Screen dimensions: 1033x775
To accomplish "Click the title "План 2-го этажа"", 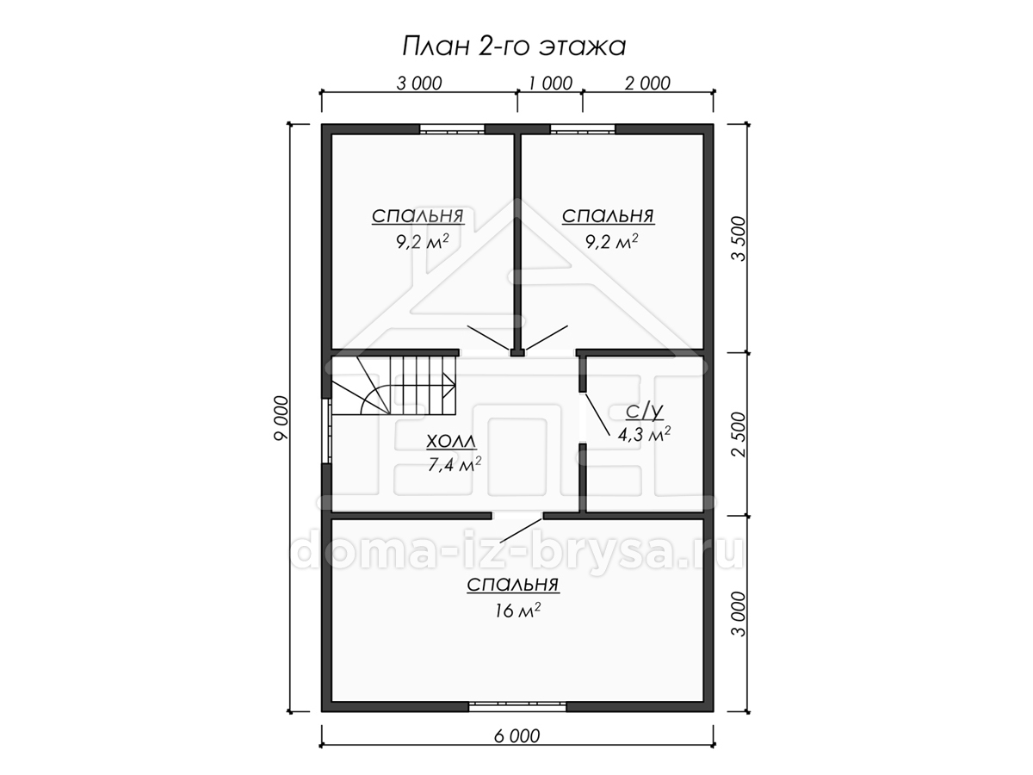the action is pyautogui.click(x=514, y=46).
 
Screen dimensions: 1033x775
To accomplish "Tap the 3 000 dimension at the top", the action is pyautogui.click(x=419, y=84).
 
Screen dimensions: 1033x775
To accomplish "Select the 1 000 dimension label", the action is pyautogui.click(x=550, y=84).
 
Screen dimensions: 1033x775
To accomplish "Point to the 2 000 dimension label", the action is pyautogui.click(x=647, y=84).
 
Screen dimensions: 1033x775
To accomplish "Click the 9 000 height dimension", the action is pyautogui.click(x=281, y=418).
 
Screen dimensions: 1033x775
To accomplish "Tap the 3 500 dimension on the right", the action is pyautogui.click(x=739, y=239).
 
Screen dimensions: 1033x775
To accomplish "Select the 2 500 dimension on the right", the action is pyautogui.click(x=739, y=434).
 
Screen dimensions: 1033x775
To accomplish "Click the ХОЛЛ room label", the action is pyautogui.click(x=451, y=442).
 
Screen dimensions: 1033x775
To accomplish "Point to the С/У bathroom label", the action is pyautogui.click(x=644, y=412).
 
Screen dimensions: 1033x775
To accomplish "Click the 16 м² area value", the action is pyautogui.click(x=516, y=611).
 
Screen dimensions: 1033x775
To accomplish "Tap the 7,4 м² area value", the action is pyautogui.click(x=455, y=464).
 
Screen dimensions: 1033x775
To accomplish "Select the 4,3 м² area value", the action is pyautogui.click(x=644, y=434).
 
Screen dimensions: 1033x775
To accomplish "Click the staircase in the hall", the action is pyautogui.click(x=394, y=386).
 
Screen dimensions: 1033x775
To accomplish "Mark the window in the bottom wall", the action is pyautogui.click(x=517, y=720).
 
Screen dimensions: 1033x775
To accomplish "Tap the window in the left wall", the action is pyautogui.click(x=326, y=431).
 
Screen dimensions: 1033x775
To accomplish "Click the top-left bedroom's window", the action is pyautogui.click(x=452, y=129).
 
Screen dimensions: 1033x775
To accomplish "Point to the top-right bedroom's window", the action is pyautogui.click(x=583, y=129).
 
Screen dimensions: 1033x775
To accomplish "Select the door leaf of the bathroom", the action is pyautogui.click(x=597, y=415).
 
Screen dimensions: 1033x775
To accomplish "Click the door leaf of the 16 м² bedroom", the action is pyautogui.click(x=522, y=530).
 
